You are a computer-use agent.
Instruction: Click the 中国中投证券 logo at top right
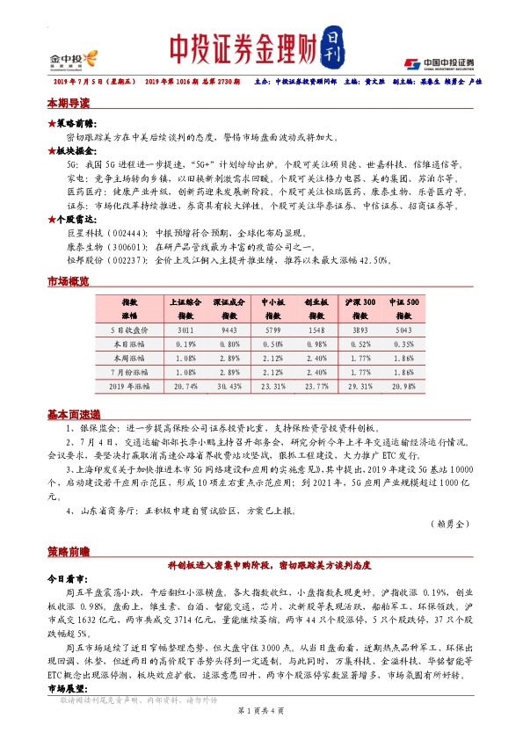439,63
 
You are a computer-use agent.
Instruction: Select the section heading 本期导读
68,104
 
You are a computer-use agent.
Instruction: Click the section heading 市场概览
68,282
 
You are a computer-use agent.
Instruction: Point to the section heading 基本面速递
73,413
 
